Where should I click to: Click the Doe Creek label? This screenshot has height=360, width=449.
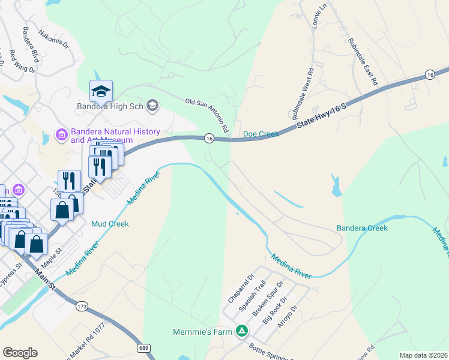coord(261,134)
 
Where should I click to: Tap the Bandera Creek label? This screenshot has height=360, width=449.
coord(362,228)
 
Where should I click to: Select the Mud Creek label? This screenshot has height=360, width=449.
coord(110,224)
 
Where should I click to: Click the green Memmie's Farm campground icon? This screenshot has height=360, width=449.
coord(241,331)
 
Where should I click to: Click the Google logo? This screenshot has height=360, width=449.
coord(20,353)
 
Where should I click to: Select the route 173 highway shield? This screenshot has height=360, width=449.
coord(82,306)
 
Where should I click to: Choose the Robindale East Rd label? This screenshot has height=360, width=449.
coord(363,61)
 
